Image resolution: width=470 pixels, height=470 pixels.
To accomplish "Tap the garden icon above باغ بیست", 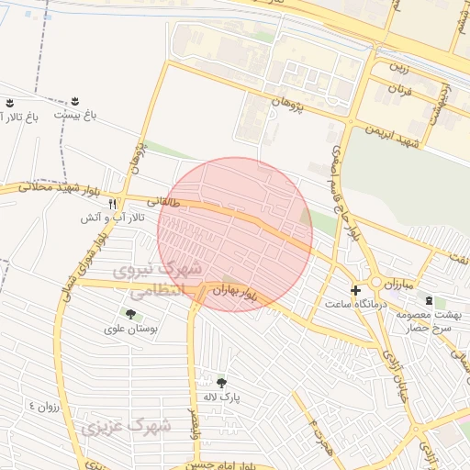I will [74, 100].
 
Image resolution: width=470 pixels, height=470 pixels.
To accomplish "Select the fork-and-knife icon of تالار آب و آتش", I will [112, 204].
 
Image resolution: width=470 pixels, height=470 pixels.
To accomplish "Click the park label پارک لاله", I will [220, 397].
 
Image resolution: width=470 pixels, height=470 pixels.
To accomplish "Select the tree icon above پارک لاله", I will [220, 382].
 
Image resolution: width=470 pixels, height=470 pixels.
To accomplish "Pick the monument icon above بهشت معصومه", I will [428, 300].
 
